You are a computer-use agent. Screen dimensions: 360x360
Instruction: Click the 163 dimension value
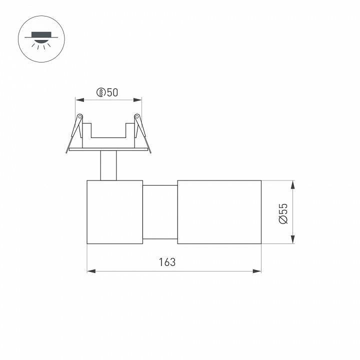tap(167, 261)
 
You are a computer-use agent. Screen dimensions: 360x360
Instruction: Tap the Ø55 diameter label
tap(283, 213)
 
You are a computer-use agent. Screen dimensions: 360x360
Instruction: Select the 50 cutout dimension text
tap(112, 92)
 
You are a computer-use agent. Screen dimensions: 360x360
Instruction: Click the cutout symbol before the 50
tap(101, 92)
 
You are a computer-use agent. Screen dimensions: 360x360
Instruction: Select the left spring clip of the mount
tap(76, 131)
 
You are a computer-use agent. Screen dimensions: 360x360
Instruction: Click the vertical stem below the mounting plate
tap(108, 164)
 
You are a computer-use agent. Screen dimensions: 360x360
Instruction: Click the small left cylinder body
tap(115, 212)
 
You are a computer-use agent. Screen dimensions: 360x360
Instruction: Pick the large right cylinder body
tap(219, 212)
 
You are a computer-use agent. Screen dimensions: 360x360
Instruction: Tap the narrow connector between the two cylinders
tap(160, 212)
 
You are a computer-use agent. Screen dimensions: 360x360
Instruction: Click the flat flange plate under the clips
tap(108, 149)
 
